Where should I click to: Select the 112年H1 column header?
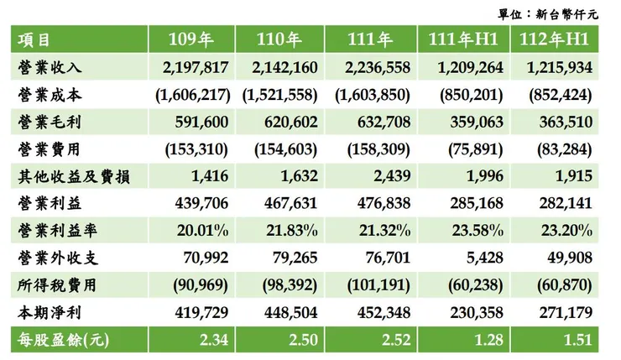pos(558,39)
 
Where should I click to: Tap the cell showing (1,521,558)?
pos(283,94)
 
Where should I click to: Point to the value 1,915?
pos(575,176)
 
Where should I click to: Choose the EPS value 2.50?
pos(301,341)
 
